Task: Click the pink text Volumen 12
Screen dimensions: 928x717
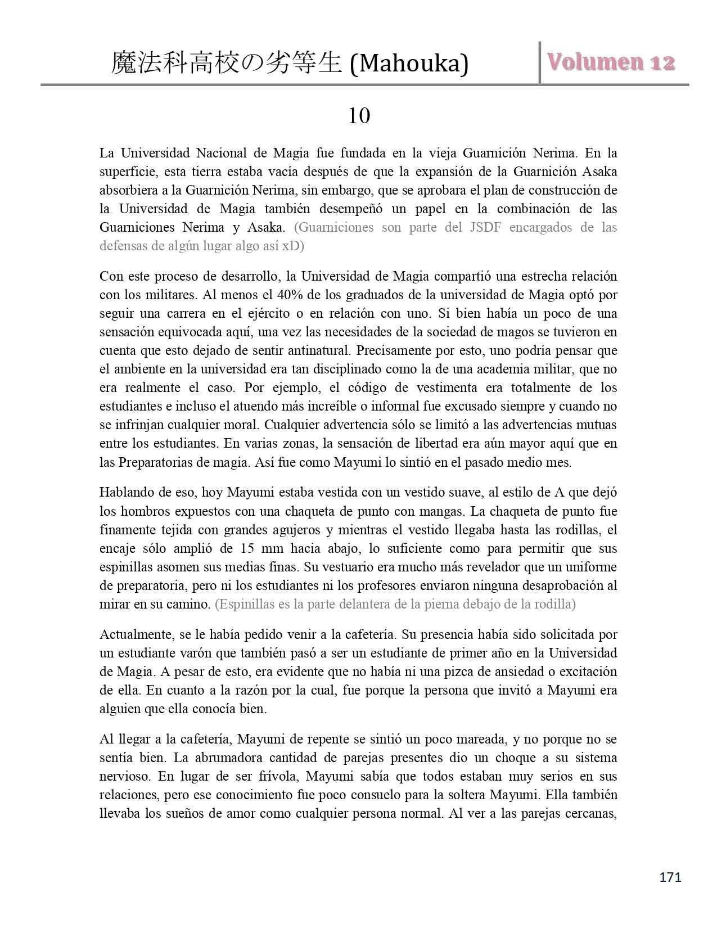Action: pos(611,62)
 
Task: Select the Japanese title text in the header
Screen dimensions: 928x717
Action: pos(227,64)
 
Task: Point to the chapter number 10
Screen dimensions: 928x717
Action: pos(359,116)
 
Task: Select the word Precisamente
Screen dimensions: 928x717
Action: pos(400,350)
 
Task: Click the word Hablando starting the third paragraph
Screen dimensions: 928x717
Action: pos(127,493)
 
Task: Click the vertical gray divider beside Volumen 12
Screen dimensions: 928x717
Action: pos(540,62)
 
